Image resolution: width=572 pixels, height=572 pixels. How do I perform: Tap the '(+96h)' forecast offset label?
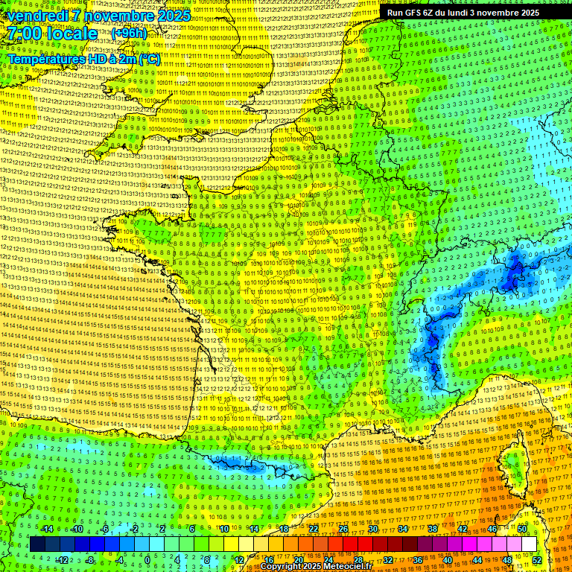pos(129,34)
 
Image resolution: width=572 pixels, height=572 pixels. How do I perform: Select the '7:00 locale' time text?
pos(53,34)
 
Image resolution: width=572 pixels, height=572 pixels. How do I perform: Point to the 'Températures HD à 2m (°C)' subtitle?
pos(84,58)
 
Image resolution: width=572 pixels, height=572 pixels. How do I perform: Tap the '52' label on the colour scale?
pos(537,559)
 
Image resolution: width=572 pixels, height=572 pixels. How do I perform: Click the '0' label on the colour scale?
pos(147,559)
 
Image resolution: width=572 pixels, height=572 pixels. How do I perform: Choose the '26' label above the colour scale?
pos(343,529)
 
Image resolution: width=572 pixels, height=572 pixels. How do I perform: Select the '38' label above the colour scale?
pos(433,529)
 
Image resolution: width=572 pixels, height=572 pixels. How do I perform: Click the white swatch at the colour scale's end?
pos(529,544)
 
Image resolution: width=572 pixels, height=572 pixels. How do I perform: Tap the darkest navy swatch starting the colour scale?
pos(38,544)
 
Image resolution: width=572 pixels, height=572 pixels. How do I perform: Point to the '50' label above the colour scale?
pos(522,529)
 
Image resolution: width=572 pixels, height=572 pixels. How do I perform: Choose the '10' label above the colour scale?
pos(224,529)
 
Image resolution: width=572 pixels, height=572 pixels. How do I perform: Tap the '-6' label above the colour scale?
pos(105,529)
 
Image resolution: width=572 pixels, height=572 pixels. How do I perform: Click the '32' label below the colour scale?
pos(388,559)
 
